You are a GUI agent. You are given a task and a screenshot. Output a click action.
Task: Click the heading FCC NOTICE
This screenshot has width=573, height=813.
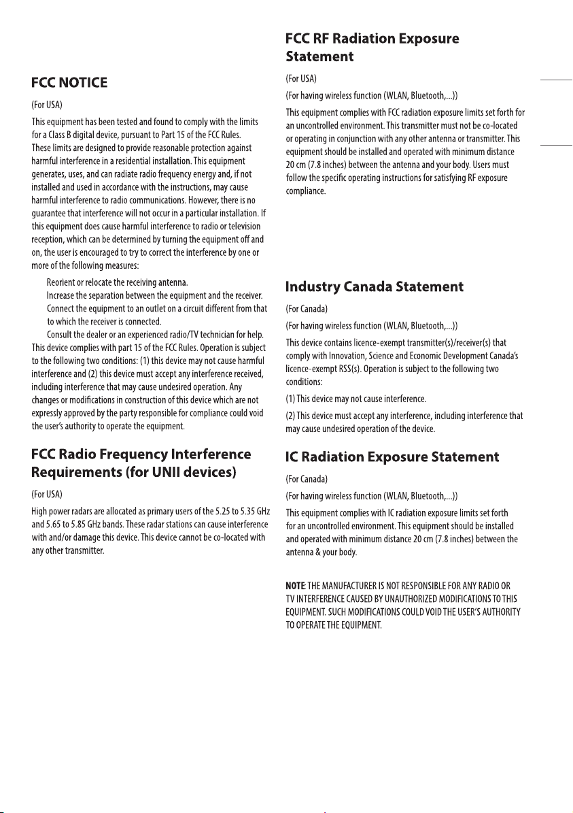coord(69,82)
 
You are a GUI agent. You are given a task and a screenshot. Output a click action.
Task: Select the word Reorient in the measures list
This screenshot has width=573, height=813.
coord(63,282)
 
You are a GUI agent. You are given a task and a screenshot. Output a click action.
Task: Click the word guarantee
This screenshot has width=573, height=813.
coord(50,212)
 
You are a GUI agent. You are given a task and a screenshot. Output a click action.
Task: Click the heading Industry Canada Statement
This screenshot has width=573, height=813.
coord(375,286)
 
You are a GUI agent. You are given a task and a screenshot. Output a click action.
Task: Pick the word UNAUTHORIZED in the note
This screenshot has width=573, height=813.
coord(413,599)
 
